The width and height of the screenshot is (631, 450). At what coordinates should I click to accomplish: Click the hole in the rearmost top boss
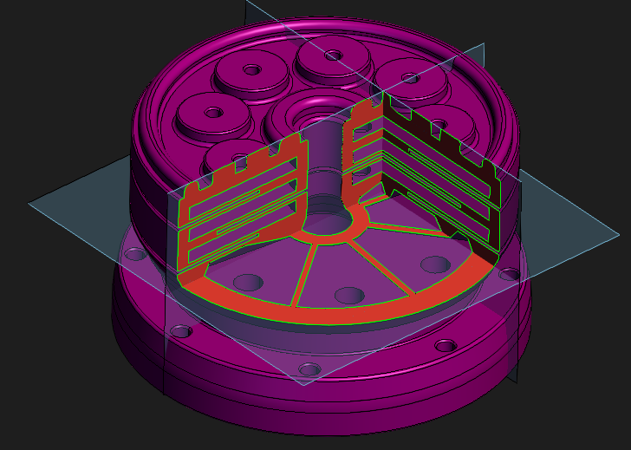[333, 55]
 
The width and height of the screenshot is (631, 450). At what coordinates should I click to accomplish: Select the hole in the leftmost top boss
[212, 112]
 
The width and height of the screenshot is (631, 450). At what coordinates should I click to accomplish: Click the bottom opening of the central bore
[328, 222]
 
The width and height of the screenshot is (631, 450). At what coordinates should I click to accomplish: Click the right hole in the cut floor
[433, 264]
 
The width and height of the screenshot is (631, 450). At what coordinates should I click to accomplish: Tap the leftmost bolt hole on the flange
[135, 255]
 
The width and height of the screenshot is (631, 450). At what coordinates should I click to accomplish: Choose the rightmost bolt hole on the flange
[510, 276]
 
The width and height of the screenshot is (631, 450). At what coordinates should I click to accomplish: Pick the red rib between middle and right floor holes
[387, 271]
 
